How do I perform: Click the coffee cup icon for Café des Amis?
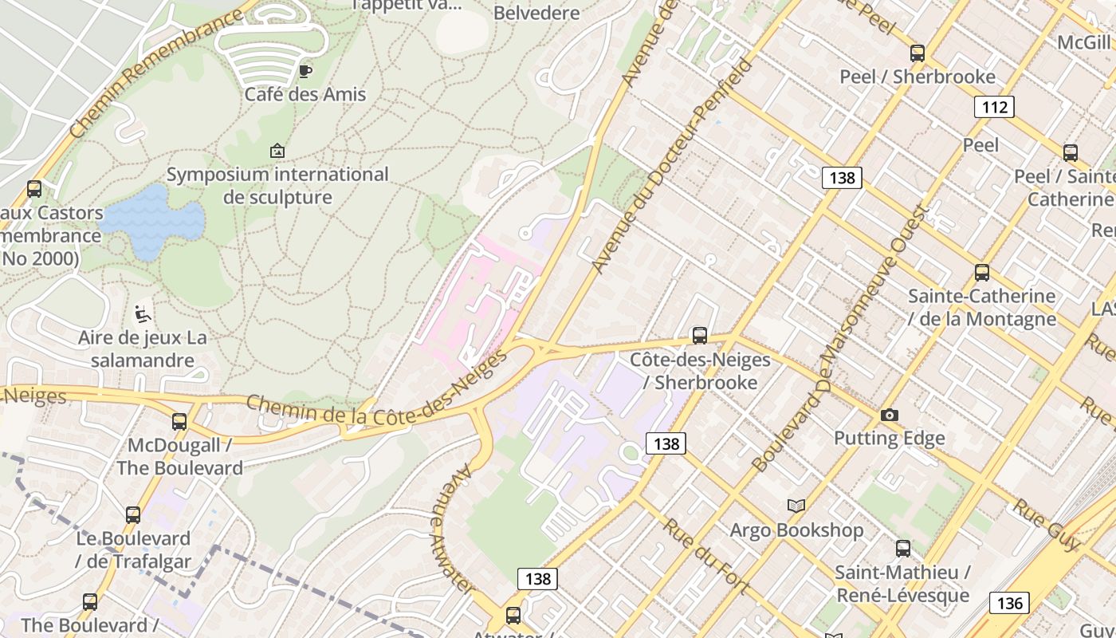click(x=305, y=71)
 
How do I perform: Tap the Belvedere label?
click(x=536, y=13)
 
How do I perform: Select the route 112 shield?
click(x=994, y=107)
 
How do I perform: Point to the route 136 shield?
click(x=1009, y=603)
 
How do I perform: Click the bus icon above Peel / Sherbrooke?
click(x=918, y=53)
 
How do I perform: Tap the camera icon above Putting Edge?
click(x=889, y=415)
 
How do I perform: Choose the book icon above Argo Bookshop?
click(x=796, y=506)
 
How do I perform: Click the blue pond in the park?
click(x=151, y=220)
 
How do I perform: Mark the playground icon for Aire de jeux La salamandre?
click(x=143, y=314)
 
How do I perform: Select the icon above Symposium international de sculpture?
click(x=277, y=151)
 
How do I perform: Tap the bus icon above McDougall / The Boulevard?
click(x=179, y=421)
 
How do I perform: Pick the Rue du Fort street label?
click(x=706, y=557)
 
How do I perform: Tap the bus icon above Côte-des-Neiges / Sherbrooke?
click(x=700, y=335)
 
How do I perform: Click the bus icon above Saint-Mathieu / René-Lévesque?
click(x=902, y=549)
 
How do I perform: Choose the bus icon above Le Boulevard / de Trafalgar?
click(x=133, y=515)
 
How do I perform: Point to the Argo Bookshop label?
click(x=796, y=530)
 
